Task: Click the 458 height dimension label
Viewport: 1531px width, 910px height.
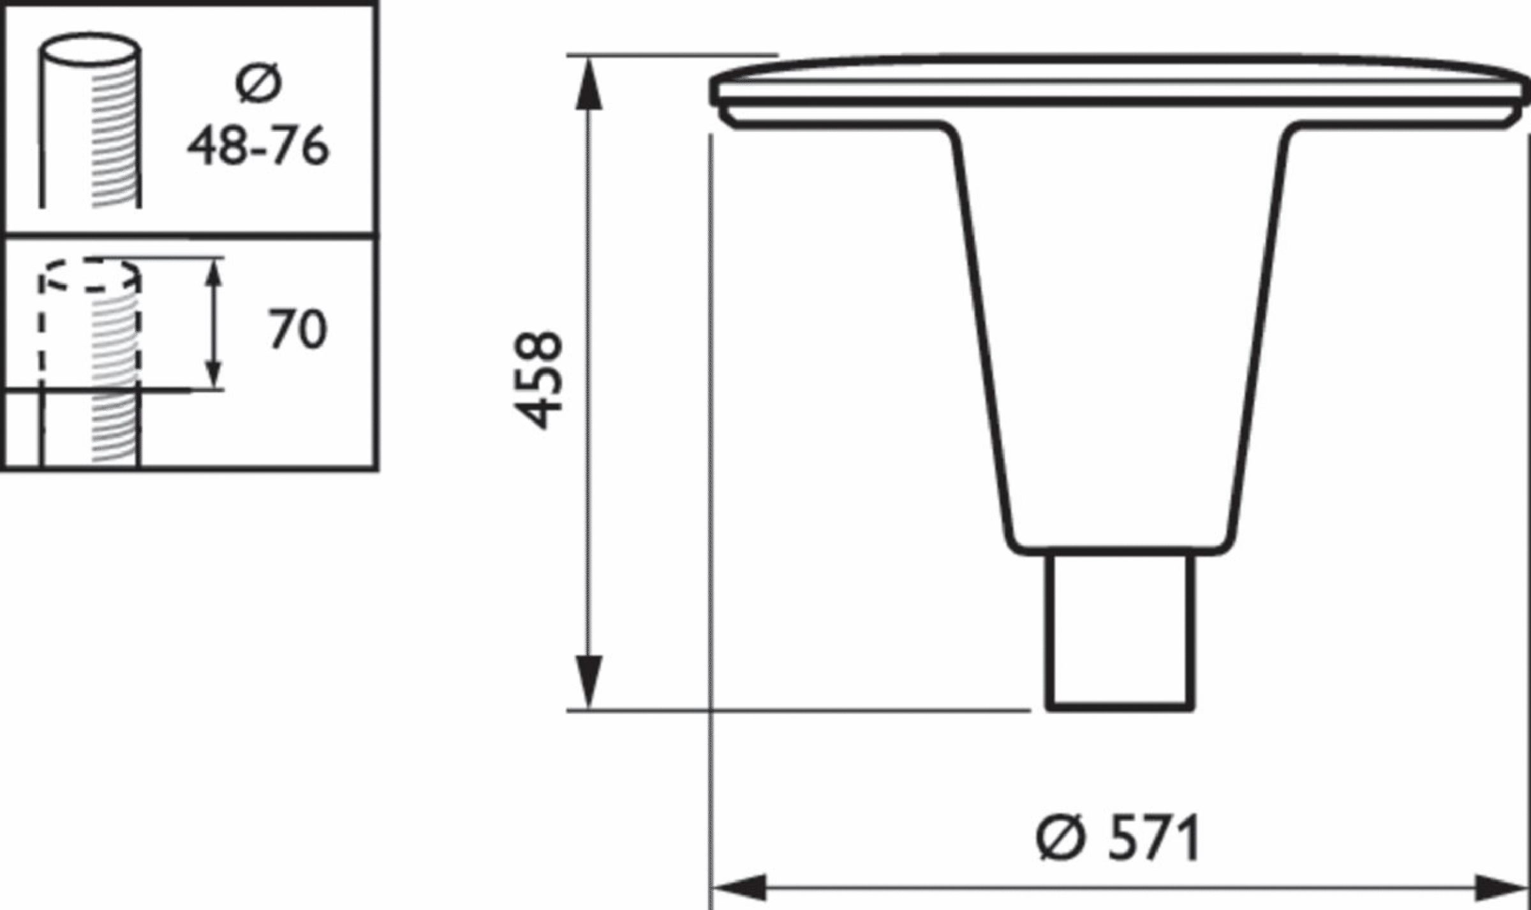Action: coord(539,381)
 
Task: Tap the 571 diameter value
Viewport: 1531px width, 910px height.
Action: coord(1153,837)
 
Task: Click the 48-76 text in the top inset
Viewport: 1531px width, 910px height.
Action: coord(258,146)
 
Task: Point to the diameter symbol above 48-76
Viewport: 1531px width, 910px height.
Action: coord(258,84)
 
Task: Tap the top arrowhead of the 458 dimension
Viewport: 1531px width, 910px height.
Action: coord(589,83)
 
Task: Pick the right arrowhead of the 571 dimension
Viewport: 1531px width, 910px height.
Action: coord(1503,887)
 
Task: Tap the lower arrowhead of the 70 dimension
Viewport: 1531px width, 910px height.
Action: coord(215,373)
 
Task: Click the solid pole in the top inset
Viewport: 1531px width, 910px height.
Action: coord(91,134)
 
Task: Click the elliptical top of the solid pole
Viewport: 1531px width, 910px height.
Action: coord(91,49)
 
